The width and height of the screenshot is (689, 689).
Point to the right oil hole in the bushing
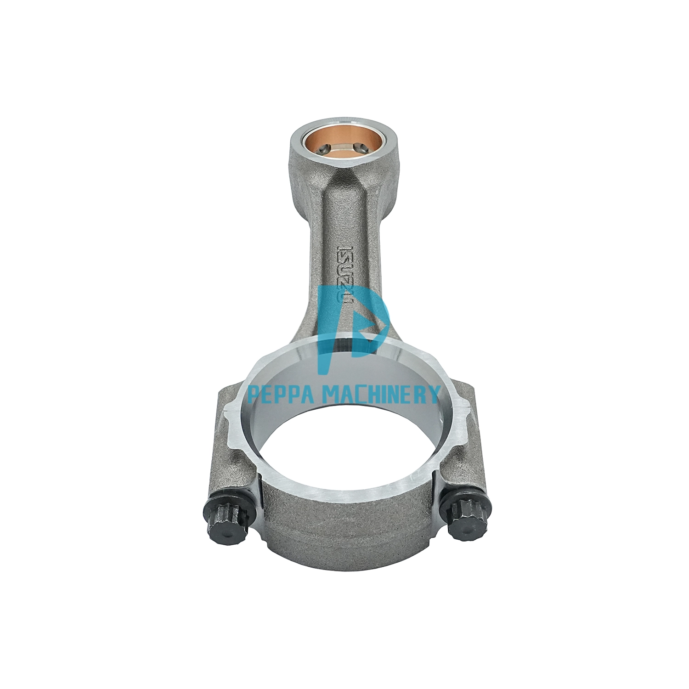coord(362,147)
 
